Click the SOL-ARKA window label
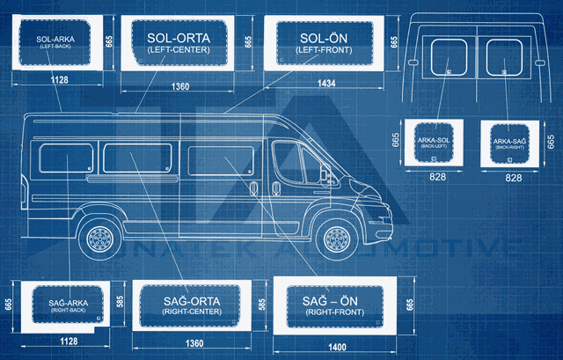coord(55,42)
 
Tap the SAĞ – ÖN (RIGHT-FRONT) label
coord(337,306)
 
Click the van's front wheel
coord(337,238)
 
